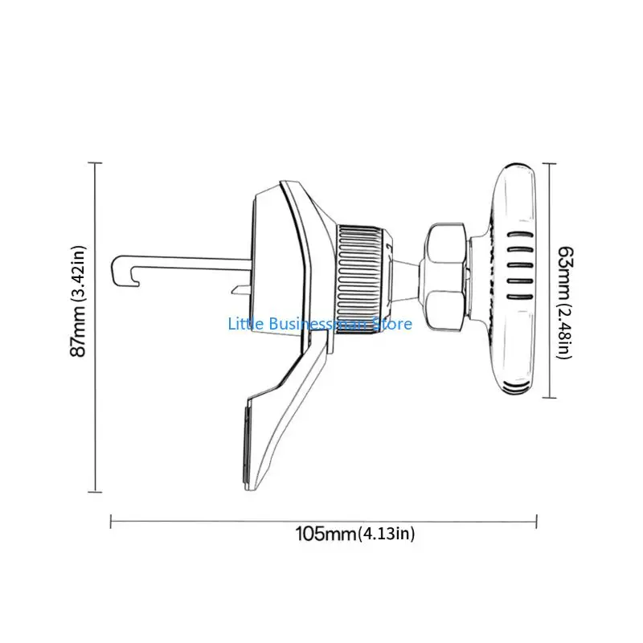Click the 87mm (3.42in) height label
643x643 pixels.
(x=78, y=301)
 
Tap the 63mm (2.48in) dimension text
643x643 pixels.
(x=565, y=303)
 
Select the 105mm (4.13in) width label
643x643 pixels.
(x=355, y=534)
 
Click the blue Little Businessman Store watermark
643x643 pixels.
(x=320, y=324)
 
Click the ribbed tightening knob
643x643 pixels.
(x=362, y=279)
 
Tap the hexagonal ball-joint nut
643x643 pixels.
(x=445, y=278)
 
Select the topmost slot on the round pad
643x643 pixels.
(x=520, y=235)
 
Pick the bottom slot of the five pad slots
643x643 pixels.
(x=520, y=297)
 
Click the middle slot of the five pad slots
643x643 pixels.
(x=520, y=266)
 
